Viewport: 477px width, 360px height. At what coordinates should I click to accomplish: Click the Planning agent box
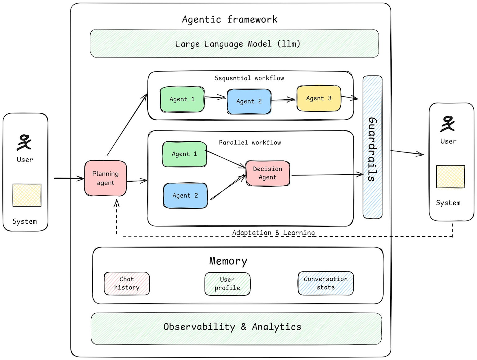106,178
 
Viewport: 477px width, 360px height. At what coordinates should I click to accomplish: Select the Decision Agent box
268,173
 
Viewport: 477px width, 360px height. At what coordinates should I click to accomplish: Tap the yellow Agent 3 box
319,98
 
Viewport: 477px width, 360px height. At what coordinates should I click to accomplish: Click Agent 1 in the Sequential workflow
182,99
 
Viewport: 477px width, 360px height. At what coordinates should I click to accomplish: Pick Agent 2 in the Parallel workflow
185,196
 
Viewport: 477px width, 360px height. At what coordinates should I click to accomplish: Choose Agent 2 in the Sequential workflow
249,102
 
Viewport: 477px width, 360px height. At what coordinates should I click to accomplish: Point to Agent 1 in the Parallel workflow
184,154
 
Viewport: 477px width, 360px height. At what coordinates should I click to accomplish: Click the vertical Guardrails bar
372,147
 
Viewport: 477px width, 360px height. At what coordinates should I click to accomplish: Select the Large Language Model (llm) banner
234,44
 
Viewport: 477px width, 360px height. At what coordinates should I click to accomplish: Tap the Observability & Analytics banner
236,328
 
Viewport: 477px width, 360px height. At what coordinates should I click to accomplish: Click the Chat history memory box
127,283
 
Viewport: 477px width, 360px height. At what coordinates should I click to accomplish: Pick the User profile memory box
227,284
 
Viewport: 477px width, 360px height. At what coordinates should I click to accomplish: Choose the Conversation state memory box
326,283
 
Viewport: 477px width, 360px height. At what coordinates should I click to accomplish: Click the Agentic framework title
229,20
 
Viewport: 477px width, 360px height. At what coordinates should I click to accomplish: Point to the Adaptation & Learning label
273,233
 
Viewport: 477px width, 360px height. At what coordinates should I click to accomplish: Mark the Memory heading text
228,261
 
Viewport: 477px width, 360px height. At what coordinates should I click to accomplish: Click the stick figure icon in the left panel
24,142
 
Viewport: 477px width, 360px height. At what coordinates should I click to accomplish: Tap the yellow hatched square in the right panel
450,177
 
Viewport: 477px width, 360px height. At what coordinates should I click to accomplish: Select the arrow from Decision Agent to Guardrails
326,175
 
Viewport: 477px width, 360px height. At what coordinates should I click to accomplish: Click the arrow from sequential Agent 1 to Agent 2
215,98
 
